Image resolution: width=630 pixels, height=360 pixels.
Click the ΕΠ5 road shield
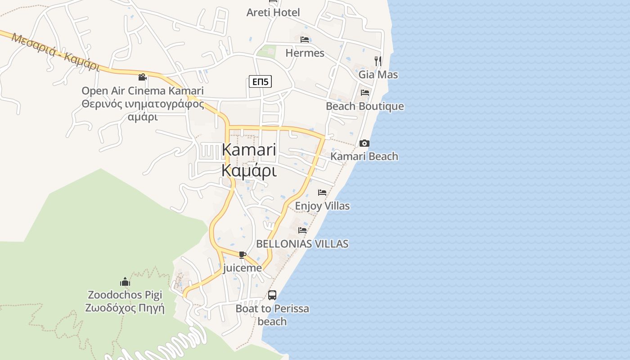click(x=260, y=81)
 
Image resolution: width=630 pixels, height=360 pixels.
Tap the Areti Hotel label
click(x=273, y=13)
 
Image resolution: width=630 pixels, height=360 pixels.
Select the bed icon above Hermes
click(x=305, y=40)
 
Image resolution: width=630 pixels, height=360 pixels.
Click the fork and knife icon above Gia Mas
click(x=378, y=61)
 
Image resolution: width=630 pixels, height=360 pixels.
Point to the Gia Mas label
click(x=378, y=74)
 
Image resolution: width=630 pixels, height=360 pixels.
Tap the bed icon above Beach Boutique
click(x=365, y=93)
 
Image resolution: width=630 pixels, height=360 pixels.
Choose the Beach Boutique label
click(x=365, y=107)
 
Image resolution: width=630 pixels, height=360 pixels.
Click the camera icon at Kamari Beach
click(x=364, y=144)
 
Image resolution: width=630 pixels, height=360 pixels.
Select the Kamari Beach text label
click(x=364, y=157)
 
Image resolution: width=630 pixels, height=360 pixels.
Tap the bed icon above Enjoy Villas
click(x=322, y=193)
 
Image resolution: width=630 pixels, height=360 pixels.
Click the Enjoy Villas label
click(x=322, y=206)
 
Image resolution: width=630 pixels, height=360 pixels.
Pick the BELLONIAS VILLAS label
click(x=302, y=244)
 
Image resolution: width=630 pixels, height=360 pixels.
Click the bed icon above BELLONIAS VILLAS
click(x=302, y=230)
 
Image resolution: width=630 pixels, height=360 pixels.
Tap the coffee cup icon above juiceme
click(x=243, y=255)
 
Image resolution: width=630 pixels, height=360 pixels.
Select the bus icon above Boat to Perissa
click(x=272, y=295)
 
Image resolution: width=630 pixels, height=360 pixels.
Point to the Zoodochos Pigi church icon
click(x=125, y=282)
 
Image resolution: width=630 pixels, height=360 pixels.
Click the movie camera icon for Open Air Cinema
click(x=143, y=77)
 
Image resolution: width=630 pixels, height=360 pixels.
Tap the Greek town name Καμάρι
click(x=249, y=171)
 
